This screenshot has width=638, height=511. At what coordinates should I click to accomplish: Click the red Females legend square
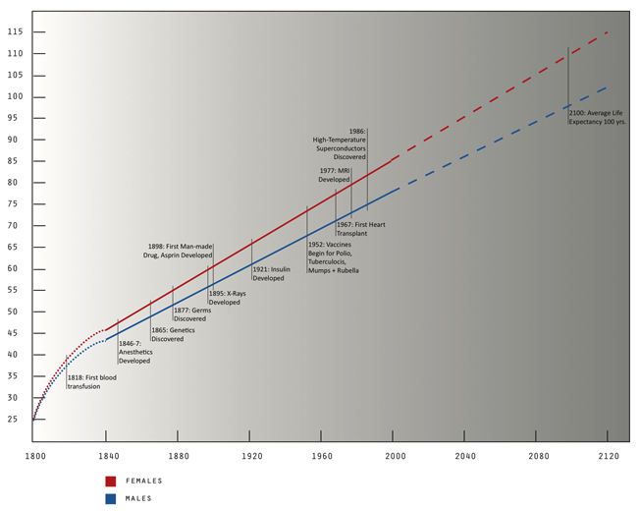[x=111, y=482]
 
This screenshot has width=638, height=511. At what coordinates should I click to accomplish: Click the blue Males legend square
[x=111, y=498]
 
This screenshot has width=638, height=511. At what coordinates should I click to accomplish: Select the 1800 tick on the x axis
[x=34, y=457]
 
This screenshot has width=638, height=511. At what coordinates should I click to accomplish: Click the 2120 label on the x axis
[x=609, y=457]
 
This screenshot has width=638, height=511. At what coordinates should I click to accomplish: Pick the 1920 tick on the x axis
[x=250, y=457]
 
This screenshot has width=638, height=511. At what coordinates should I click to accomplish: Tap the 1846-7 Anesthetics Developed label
[x=135, y=352]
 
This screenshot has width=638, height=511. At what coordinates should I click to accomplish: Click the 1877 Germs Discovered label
[x=190, y=314]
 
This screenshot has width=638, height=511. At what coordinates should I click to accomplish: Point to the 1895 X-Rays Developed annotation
[x=227, y=298]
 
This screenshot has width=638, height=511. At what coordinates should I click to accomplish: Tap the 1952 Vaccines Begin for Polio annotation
[x=333, y=257]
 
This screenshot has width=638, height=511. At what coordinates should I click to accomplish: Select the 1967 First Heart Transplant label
[x=360, y=229]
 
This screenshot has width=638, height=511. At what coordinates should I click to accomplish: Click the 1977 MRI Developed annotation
[x=334, y=175]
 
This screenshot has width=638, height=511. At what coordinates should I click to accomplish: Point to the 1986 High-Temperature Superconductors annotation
[x=339, y=143]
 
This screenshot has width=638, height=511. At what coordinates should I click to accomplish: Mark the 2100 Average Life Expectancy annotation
[x=597, y=117]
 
